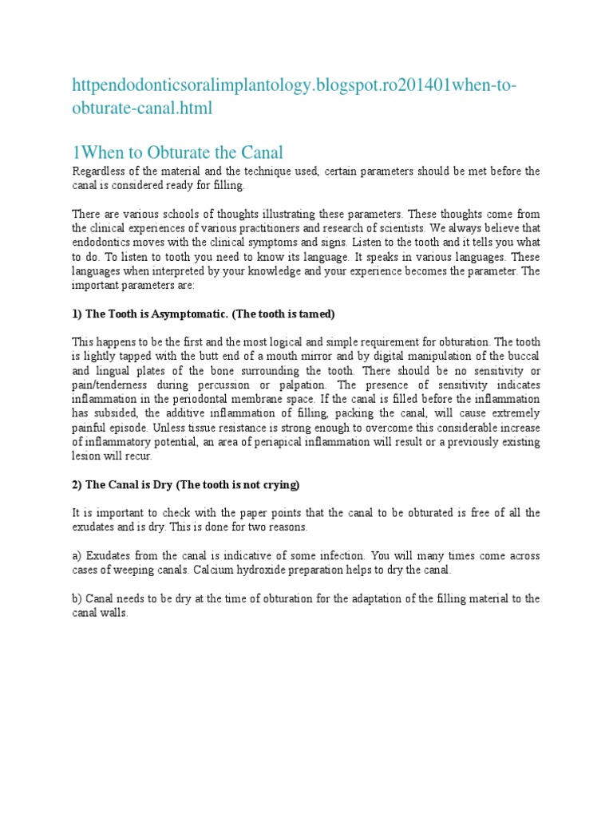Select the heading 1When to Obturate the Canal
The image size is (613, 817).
[x=178, y=152]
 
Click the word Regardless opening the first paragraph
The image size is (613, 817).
[x=98, y=172]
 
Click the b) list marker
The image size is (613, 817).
[x=77, y=598]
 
